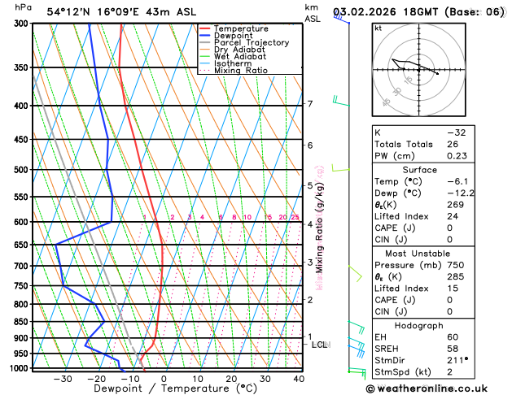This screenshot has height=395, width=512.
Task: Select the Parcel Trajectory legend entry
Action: pyautogui.click(x=251, y=43)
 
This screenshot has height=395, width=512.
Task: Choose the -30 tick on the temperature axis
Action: pyautogui.click(x=63, y=379)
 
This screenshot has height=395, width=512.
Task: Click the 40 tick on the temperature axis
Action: pyautogui.click(x=299, y=379)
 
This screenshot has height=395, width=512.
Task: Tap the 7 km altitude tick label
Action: pyautogui.click(x=310, y=104)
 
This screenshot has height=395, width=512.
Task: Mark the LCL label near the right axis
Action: pyautogui.click(x=319, y=345)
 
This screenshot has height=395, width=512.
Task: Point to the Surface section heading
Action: pyautogui.click(x=421, y=170)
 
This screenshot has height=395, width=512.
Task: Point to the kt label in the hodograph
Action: pyautogui.click(x=379, y=28)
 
